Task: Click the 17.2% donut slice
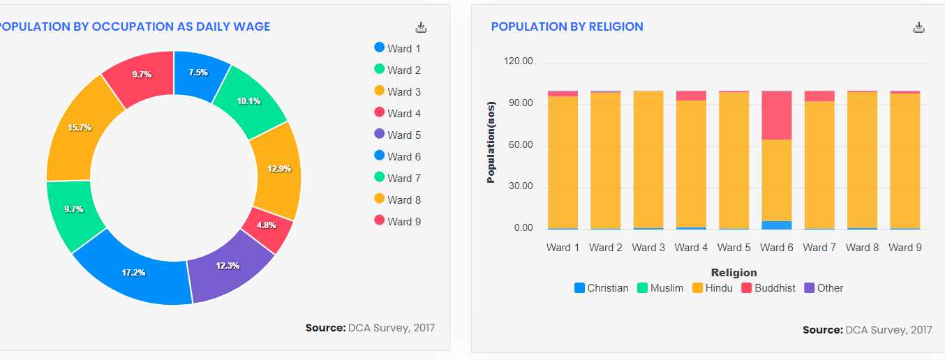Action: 133,272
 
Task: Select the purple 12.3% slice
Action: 228,265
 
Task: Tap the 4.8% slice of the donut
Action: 267,225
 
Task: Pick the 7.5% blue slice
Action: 199,72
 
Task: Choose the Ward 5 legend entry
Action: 398,135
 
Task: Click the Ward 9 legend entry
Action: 398,221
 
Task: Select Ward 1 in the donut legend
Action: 398,48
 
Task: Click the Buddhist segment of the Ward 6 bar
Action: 777,116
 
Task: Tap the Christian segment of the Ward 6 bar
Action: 777,225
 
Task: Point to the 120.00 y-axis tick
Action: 518,61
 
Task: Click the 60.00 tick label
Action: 518,145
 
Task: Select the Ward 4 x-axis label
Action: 691,248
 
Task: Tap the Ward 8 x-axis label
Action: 862,248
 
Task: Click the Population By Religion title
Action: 567,27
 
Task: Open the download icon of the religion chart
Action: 919,27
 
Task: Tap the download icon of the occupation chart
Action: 421,27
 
